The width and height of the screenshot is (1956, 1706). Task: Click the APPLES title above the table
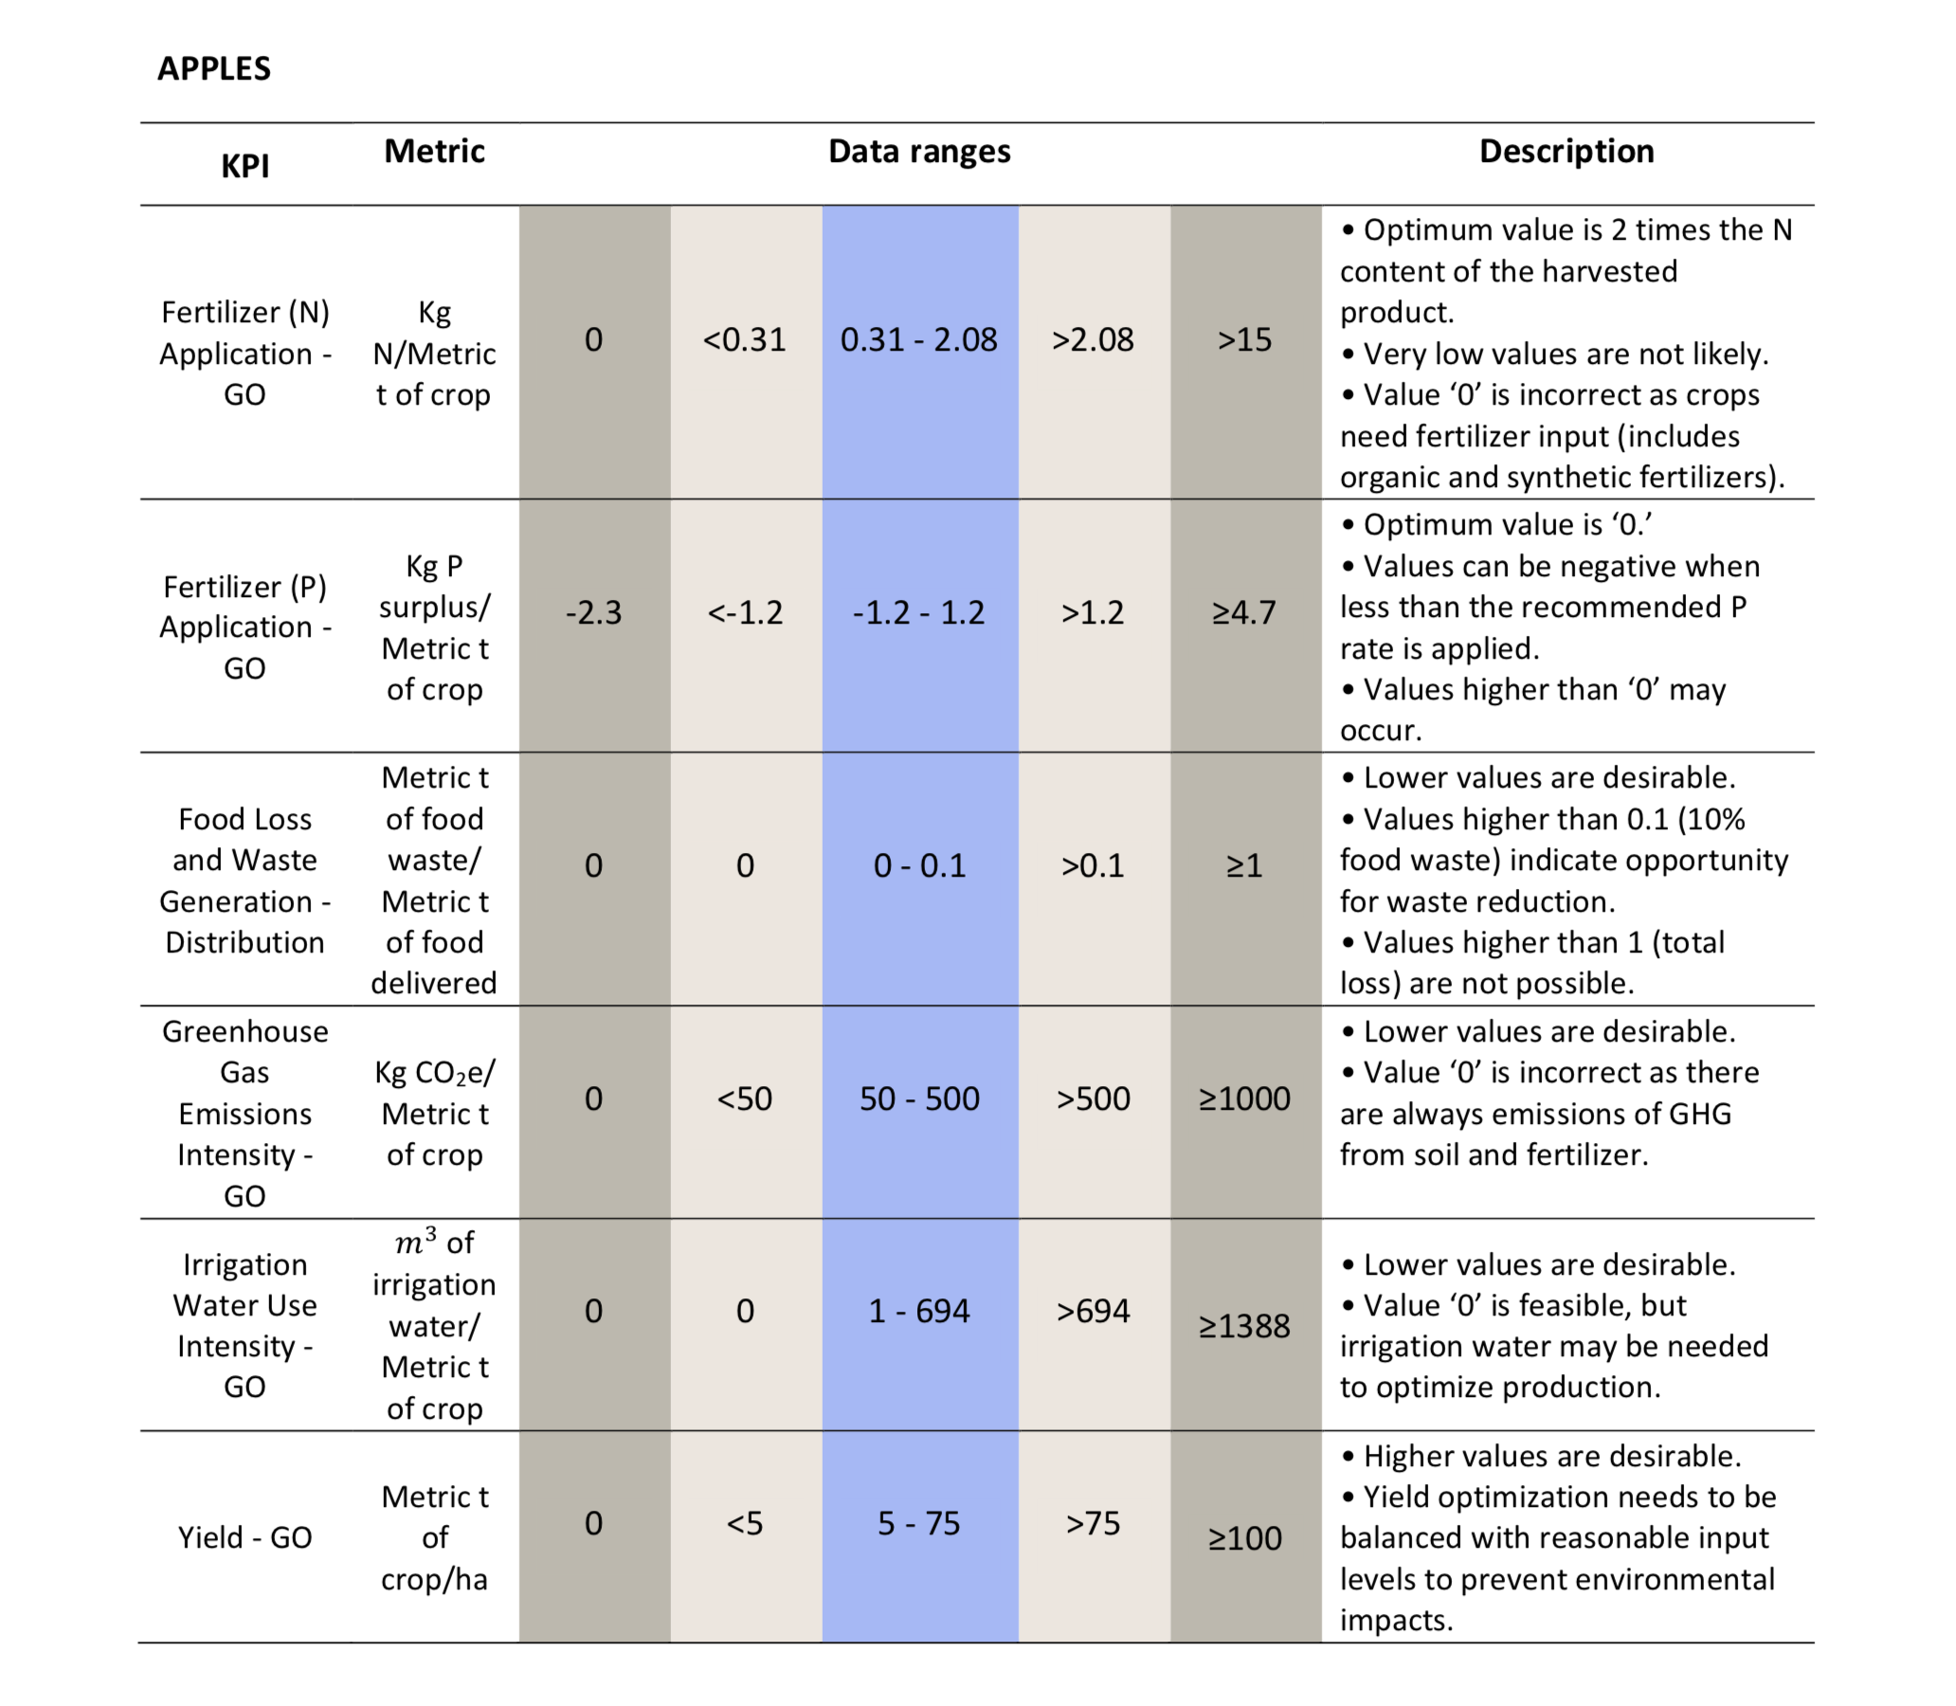click(x=214, y=68)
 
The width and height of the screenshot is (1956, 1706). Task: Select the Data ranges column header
click(x=919, y=152)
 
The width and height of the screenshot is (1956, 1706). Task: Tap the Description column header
click(x=1567, y=152)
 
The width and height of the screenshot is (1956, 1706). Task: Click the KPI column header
click(x=245, y=167)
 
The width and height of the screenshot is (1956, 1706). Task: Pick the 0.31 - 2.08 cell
click(x=919, y=340)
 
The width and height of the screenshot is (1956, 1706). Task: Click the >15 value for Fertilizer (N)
click(x=1245, y=340)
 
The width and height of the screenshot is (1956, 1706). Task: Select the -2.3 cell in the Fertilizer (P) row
click(x=594, y=612)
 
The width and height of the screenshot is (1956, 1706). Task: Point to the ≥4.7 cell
click(x=1245, y=612)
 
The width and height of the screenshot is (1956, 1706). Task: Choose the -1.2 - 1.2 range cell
click(x=919, y=612)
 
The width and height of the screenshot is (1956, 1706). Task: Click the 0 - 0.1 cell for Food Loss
click(x=919, y=865)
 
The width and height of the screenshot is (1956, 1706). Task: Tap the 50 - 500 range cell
click(x=919, y=1098)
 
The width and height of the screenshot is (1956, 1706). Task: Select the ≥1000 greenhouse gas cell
click(x=1245, y=1098)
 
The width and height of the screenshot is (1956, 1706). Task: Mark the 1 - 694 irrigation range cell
click(x=919, y=1311)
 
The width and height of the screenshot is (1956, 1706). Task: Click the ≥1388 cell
click(x=1245, y=1326)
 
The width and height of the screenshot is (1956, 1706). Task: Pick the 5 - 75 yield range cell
click(x=919, y=1523)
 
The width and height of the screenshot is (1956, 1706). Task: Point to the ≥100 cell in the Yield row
click(x=1245, y=1538)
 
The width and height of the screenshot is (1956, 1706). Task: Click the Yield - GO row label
click(x=245, y=1537)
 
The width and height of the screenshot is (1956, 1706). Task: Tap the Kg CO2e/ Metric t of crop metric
click(x=435, y=1114)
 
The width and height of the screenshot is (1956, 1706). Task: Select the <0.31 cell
click(x=745, y=340)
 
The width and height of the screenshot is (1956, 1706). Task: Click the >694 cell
click(x=1094, y=1311)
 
